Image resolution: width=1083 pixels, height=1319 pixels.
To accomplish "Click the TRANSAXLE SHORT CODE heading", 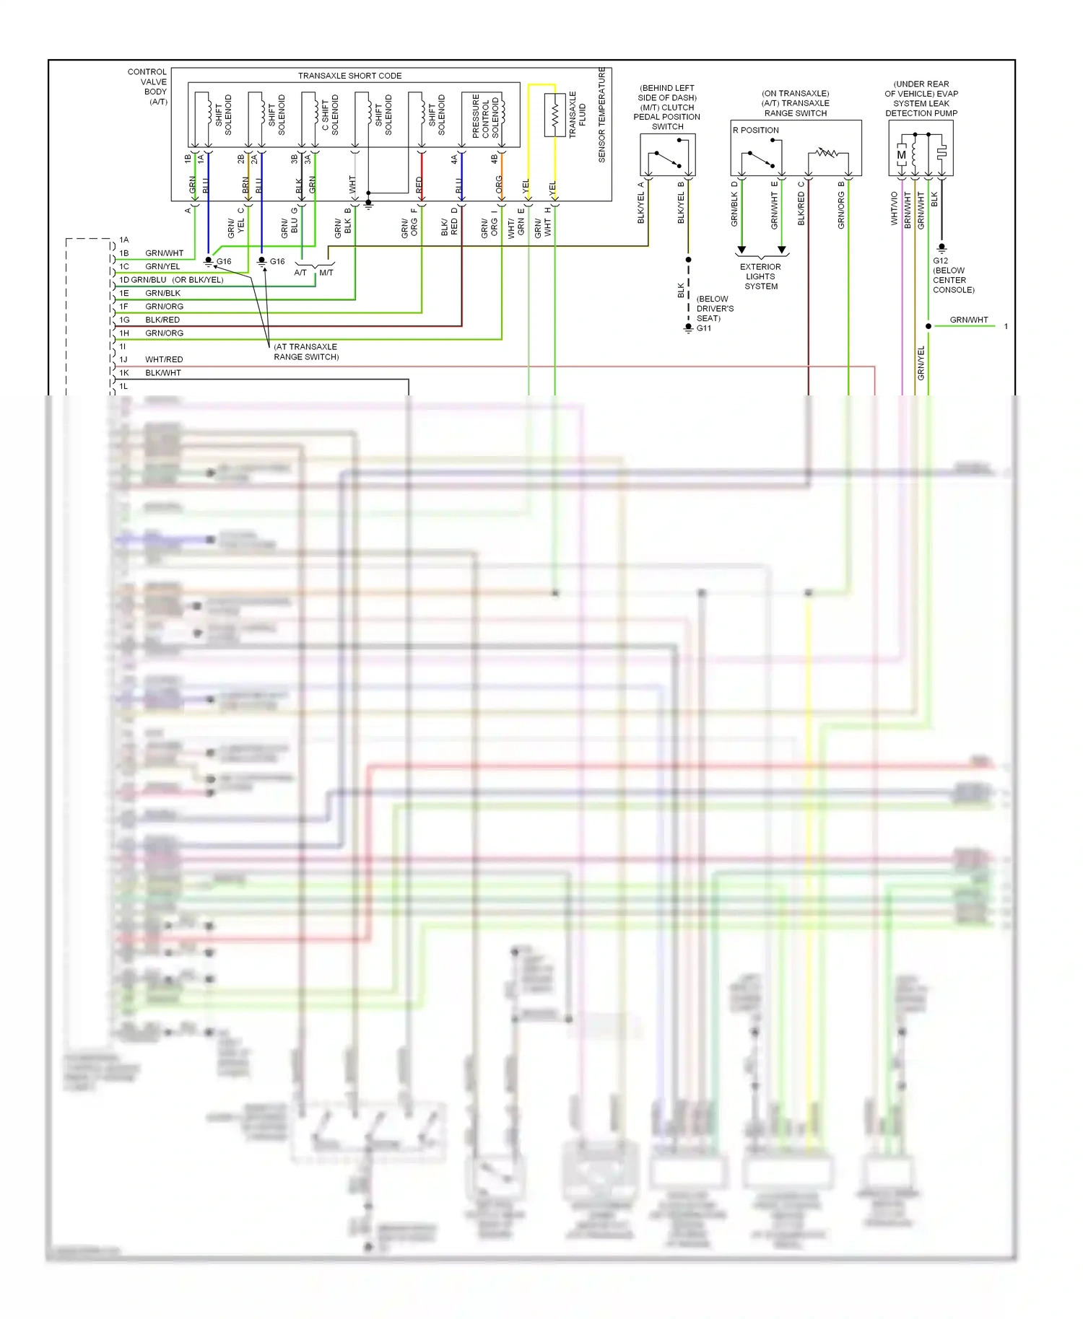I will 349,76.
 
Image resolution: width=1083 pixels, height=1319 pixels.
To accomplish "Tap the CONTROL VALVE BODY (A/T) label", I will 148,87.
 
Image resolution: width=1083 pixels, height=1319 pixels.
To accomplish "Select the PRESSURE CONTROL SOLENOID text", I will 485,116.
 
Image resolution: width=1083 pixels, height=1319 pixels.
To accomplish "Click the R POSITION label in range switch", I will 756,131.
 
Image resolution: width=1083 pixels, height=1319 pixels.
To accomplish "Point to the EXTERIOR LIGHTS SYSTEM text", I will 761,276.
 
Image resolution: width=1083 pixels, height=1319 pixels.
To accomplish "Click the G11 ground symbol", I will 688,328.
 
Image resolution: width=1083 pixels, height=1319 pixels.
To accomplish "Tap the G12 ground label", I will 940,261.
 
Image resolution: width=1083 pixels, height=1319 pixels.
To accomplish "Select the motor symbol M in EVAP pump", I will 901,155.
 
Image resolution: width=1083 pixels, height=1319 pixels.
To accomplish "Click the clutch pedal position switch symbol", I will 667,158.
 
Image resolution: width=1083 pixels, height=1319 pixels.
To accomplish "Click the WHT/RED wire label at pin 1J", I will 164,359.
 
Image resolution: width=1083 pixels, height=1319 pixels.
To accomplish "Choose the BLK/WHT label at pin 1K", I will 163,373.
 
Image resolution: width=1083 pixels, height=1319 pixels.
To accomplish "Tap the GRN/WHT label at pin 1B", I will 164,253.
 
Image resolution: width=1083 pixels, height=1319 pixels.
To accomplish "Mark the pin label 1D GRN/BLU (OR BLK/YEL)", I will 172,280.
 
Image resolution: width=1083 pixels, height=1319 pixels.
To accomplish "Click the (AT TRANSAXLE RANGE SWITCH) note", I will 305,352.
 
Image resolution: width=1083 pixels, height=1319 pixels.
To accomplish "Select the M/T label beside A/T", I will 326,273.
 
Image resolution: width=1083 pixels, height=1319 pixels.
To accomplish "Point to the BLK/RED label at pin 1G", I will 162,320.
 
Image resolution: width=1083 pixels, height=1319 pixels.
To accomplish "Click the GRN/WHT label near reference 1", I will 968,320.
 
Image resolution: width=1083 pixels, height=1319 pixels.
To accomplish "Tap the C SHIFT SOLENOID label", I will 330,115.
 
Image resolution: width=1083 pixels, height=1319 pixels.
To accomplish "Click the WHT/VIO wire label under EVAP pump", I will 895,209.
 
